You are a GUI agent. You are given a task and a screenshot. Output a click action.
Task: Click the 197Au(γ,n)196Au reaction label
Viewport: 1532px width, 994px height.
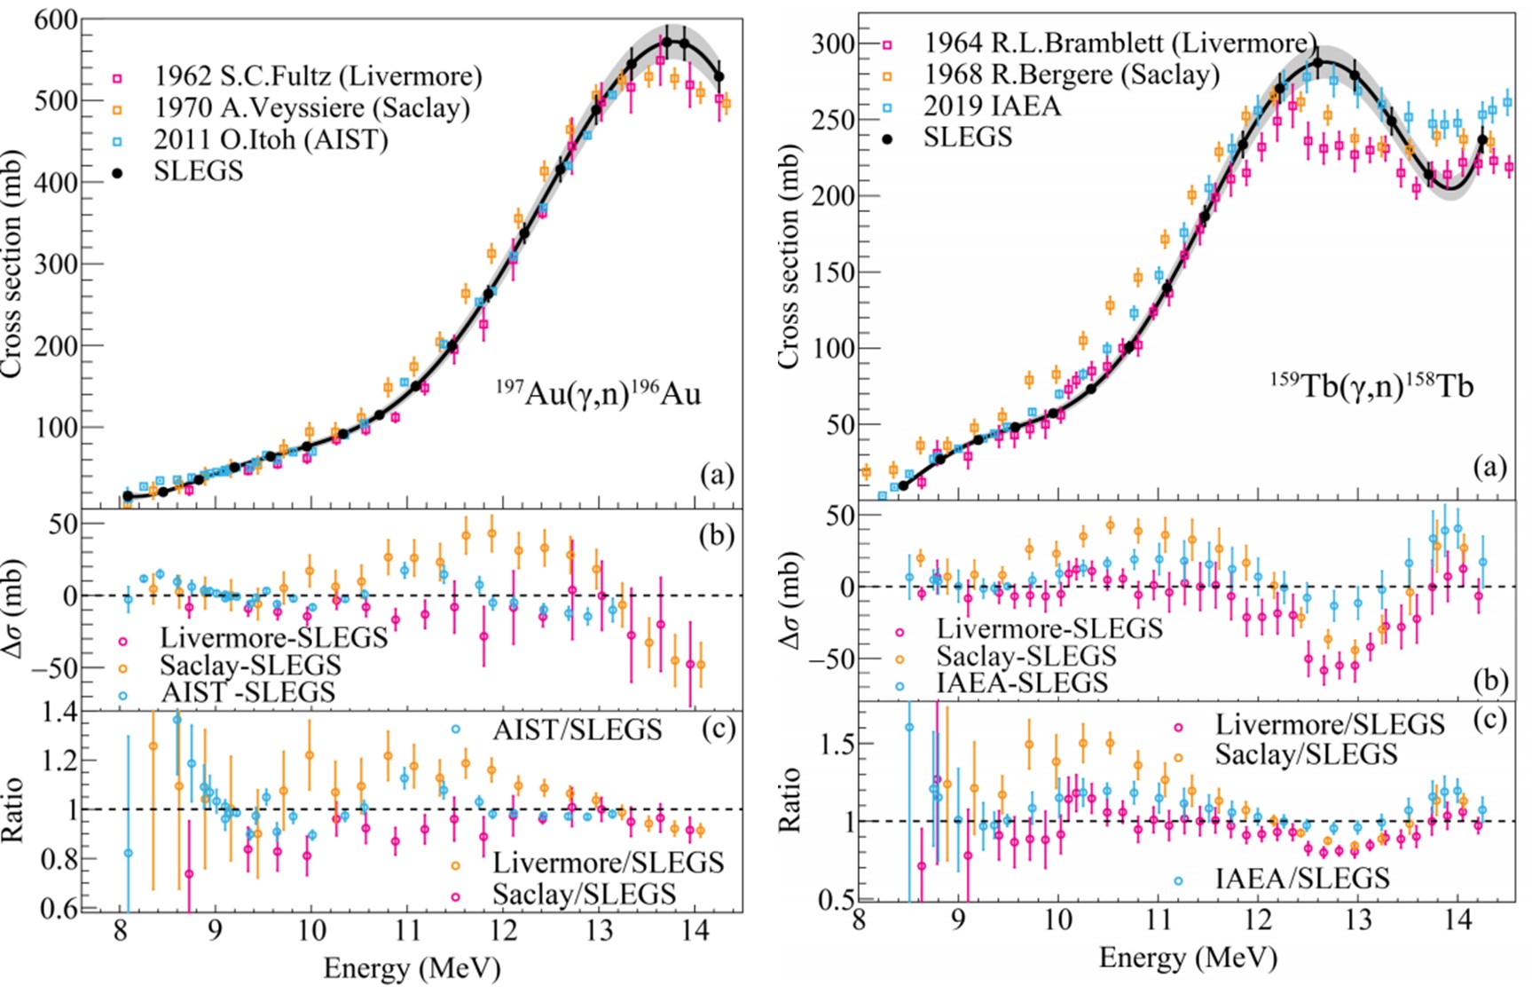pyautogui.click(x=598, y=392)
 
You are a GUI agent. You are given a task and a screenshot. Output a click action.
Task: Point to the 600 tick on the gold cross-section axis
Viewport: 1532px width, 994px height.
pyautogui.click(x=56, y=20)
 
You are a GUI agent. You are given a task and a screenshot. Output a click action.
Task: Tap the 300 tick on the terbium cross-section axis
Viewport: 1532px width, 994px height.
pyautogui.click(x=833, y=43)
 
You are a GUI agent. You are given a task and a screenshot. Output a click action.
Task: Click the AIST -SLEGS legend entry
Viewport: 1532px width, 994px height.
pyautogui.click(x=247, y=692)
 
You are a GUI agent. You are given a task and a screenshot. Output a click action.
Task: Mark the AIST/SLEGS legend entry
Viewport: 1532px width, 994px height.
pyautogui.click(x=577, y=730)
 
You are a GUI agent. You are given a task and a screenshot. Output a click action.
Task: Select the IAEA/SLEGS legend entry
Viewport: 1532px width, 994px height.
pyautogui.click(x=1301, y=879)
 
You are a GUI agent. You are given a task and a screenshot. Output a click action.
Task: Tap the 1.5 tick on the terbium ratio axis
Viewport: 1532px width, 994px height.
pyautogui.click(x=835, y=744)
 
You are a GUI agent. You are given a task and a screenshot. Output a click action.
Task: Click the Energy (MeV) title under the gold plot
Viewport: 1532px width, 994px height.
pyautogui.click(x=412, y=967)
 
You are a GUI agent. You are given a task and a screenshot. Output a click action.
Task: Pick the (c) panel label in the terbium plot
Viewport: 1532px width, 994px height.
pyautogui.click(x=1490, y=719)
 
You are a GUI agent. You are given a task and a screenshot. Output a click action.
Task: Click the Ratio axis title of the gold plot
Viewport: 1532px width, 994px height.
pyautogui.click(x=12, y=809)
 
